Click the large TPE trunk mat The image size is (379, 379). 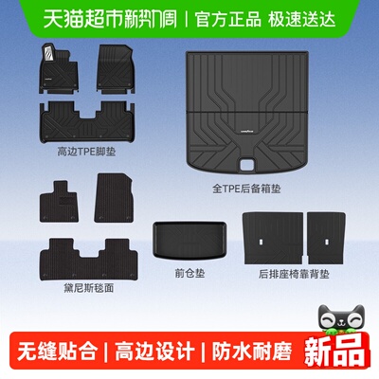pos(248,115)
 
